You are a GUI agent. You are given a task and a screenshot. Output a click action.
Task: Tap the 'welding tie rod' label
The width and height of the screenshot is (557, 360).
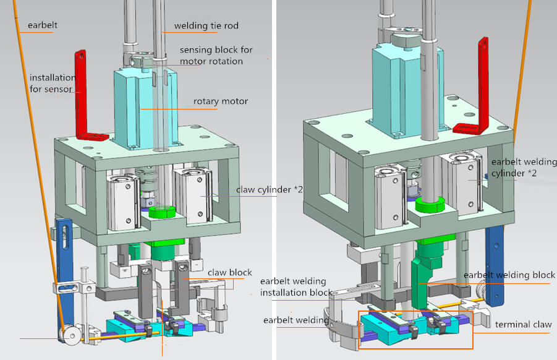[x=206, y=26]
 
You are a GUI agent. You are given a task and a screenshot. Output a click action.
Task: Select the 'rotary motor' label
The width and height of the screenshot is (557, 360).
[x=220, y=101]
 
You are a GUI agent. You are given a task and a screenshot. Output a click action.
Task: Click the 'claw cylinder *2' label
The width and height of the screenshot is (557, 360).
[x=269, y=190]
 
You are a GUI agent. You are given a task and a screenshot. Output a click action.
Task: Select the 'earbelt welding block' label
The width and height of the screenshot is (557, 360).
[x=509, y=275]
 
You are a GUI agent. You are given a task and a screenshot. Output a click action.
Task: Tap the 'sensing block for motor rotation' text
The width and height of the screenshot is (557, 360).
[x=216, y=55]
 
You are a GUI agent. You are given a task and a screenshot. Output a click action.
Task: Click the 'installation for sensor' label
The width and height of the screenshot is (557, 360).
[x=53, y=84]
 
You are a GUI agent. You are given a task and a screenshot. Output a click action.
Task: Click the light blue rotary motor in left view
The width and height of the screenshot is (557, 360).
[x=142, y=105]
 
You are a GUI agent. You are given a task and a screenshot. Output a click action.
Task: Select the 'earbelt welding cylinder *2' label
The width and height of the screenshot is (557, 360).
[x=514, y=168]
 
